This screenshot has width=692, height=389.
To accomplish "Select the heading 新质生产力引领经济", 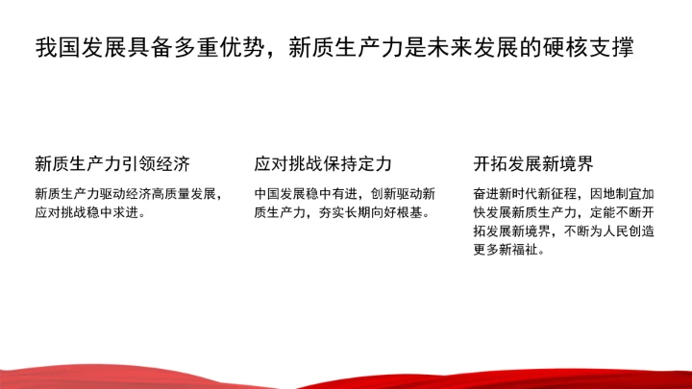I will (x=111, y=161).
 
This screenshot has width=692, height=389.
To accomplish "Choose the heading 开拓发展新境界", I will (x=533, y=161).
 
